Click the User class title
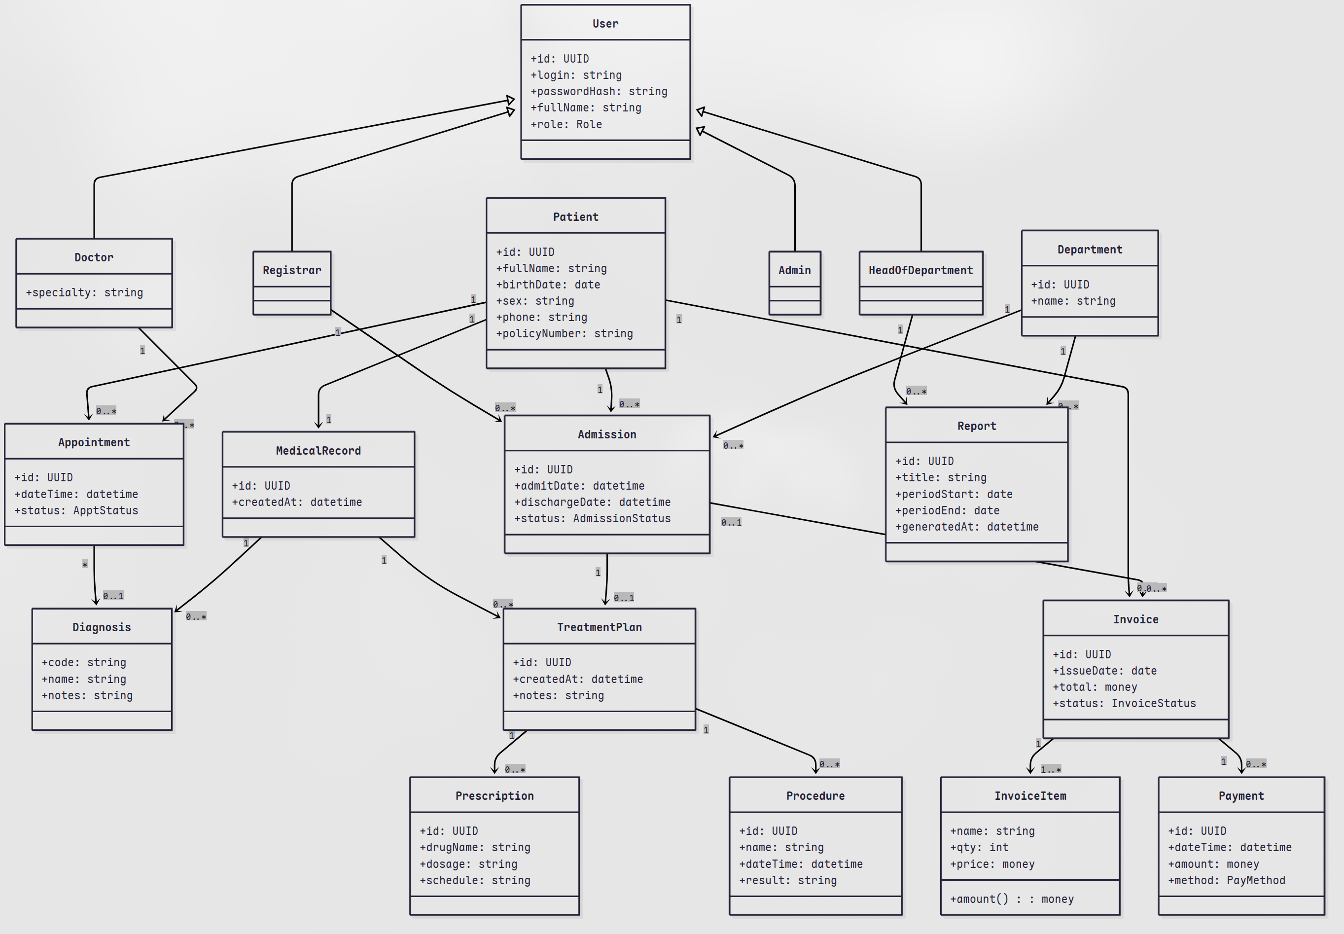pyautogui.click(x=605, y=23)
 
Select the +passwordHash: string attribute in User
pyautogui.click(x=599, y=91)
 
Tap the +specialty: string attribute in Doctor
pyautogui.click(x=84, y=292)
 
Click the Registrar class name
pyautogui.click(x=291, y=270)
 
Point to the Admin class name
pyautogui.click(x=794, y=270)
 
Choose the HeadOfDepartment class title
pyautogui.click(x=920, y=270)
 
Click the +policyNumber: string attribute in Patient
pyautogui.click(x=564, y=333)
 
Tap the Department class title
pyautogui.click(x=1090, y=250)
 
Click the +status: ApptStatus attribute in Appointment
pyautogui.click(x=76, y=510)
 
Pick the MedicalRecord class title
pyautogui.click(x=318, y=451)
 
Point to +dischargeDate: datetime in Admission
pyautogui.click(x=592, y=502)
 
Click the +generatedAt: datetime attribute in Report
pyautogui.click(x=967, y=527)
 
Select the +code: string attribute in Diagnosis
pyautogui.click(x=84, y=662)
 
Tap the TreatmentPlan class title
pyautogui.click(x=599, y=627)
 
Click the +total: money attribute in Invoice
pyautogui.click(x=1087, y=687)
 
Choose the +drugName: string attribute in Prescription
pyautogui.click(x=474, y=847)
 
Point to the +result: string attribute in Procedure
pyautogui.click(x=787, y=880)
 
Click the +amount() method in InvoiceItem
pyautogui.click(x=1012, y=899)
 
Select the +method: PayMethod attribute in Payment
pyautogui.click(x=1226, y=880)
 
